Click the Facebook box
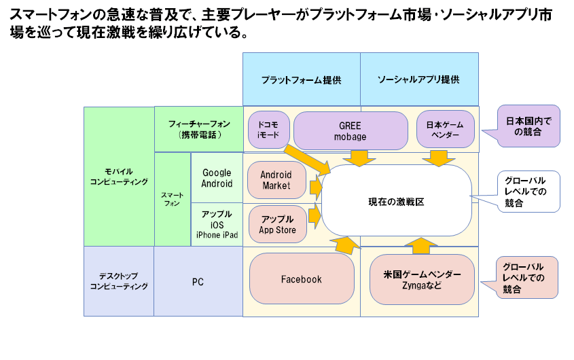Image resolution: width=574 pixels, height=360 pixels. (x=302, y=278)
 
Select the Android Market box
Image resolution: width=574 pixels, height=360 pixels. (x=276, y=180)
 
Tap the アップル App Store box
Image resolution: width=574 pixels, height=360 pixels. (x=277, y=224)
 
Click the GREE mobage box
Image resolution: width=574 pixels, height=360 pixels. (x=351, y=130)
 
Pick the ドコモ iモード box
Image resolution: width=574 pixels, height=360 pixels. (x=268, y=130)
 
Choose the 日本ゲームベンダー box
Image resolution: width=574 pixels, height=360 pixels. (x=445, y=129)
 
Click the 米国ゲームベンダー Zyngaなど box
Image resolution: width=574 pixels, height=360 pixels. (x=422, y=279)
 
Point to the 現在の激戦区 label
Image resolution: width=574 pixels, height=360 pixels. (x=396, y=202)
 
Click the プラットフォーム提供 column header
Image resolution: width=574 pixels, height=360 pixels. (x=302, y=79)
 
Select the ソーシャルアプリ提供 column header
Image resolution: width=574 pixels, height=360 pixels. (x=419, y=79)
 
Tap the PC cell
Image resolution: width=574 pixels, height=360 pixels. (x=198, y=281)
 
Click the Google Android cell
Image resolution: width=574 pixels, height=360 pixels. (x=217, y=177)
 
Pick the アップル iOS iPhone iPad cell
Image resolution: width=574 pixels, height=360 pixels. (x=217, y=225)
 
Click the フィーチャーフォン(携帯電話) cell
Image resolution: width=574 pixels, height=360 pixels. (x=199, y=129)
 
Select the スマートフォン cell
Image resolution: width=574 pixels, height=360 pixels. (x=173, y=199)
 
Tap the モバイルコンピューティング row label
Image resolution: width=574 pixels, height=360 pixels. (x=119, y=177)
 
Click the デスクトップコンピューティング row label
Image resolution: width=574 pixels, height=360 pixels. (x=119, y=281)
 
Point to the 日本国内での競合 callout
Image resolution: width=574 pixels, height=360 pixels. (x=528, y=126)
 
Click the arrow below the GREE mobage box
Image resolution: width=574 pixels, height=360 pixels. (x=359, y=158)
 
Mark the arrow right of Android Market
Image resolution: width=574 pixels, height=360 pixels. (x=316, y=187)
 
